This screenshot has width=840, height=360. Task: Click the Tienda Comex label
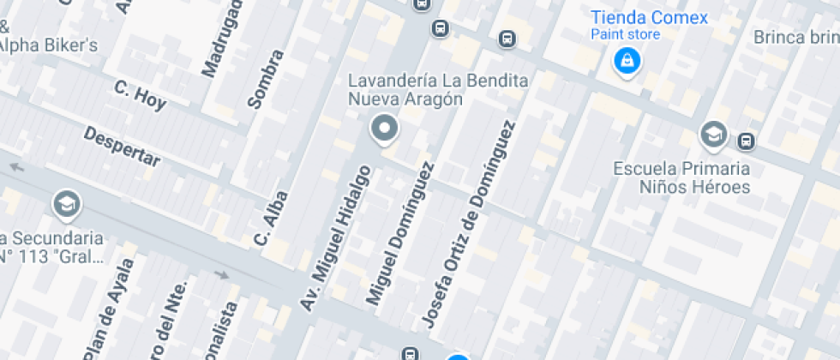tap(650, 17)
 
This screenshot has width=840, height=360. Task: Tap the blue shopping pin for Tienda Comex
tap(627, 60)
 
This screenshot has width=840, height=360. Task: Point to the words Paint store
tap(626, 34)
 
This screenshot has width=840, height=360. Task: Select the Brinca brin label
tap(795, 37)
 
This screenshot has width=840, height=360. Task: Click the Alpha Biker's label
tap(48, 45)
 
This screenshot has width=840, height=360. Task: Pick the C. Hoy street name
tap(140, 94)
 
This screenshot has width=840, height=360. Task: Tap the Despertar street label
tap(122, 147)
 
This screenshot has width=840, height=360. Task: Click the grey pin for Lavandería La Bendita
tap(384, 129)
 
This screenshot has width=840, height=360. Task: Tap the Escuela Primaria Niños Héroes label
tap(682, 177)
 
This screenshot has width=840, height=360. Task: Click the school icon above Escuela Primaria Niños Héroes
tap(712, 135)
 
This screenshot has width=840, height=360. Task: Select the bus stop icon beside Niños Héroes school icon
tap(747, 141)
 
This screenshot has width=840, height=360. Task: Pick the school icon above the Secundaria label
tap(65, 204)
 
